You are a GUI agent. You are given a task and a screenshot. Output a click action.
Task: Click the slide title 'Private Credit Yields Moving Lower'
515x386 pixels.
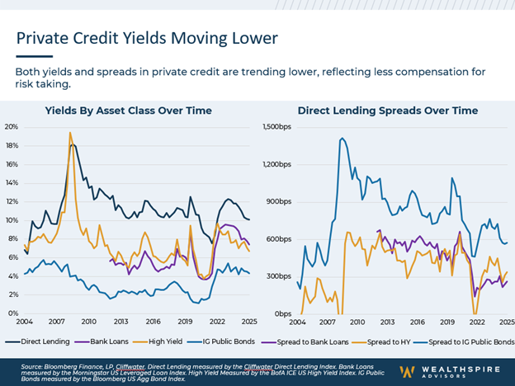pos(147,38)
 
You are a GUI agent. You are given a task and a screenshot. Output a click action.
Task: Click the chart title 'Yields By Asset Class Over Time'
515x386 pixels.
pos(128,111)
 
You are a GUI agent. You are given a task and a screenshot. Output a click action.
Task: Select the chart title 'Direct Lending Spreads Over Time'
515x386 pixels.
pos(387,111)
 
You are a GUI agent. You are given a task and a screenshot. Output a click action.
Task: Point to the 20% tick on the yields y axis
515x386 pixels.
pos(12,127)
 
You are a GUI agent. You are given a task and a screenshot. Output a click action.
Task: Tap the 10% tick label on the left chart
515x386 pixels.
pos(12,220)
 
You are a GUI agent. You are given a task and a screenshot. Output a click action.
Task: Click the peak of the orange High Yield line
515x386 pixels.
pos(70,133)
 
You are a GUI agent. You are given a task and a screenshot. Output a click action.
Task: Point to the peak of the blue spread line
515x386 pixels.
pos(342,139)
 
